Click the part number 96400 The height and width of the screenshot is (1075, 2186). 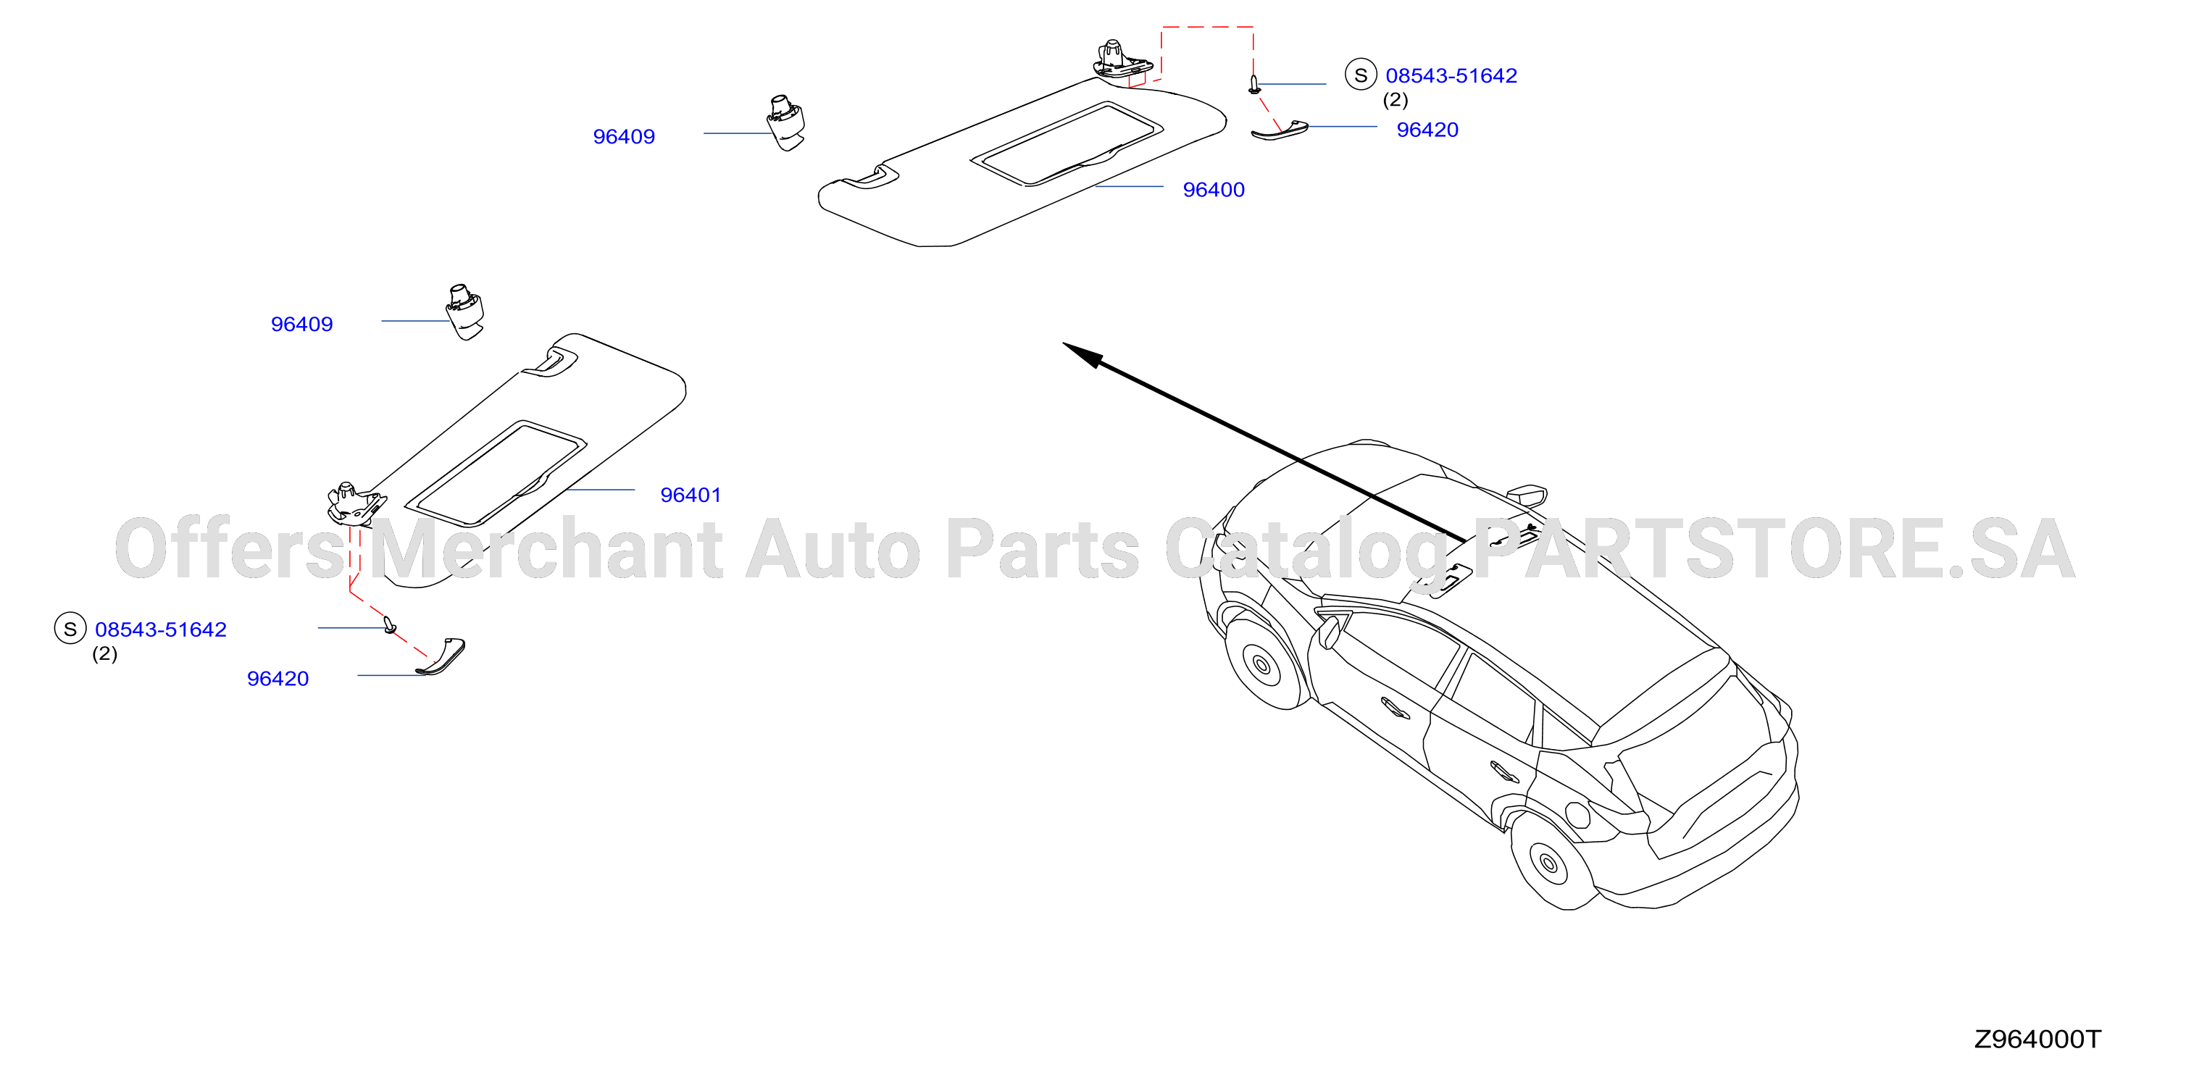pos(1214,190)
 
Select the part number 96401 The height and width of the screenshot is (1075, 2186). pos(691,495)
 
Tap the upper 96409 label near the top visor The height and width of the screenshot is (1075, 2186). pos(624,137)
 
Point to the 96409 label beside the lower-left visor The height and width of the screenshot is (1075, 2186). pos(301,324)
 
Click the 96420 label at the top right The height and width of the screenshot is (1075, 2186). pos(1427,130)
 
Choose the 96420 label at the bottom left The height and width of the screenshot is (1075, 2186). pos(278,679)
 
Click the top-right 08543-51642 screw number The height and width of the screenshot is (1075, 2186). pos(1451,75)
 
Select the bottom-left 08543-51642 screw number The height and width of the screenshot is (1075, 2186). pos(160,629)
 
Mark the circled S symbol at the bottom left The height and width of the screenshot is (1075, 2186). pos(70,629)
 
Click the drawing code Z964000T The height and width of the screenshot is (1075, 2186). pos(2037,1040)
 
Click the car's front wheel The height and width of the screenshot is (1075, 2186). pos(1262,664)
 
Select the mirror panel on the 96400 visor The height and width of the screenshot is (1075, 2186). pos(1067,143)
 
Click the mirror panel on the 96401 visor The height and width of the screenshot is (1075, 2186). pos(496,472)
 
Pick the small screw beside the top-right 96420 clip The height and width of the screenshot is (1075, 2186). pos(1254,84)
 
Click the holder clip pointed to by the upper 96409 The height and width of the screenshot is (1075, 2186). pos(786,123)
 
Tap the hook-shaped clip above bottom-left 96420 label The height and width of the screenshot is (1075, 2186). pos(442,657)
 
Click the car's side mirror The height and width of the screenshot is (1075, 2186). pos(1527,495)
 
